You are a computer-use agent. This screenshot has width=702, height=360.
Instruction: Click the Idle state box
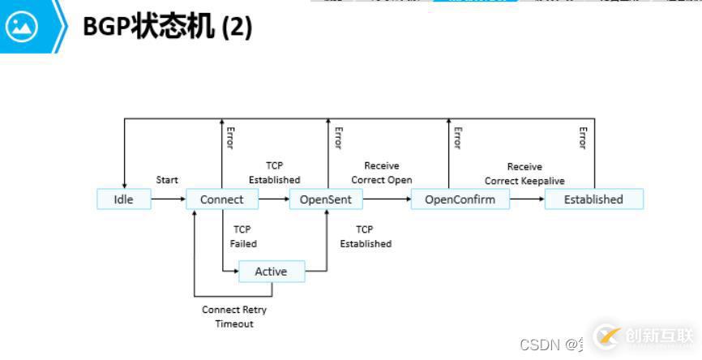point(123,199)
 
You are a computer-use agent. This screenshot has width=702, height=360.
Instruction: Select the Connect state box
point(221,199)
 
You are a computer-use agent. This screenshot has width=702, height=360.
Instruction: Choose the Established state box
point(593,199)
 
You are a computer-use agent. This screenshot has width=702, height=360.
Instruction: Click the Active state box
point(271,272)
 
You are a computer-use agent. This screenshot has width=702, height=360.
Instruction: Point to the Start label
point(167,180)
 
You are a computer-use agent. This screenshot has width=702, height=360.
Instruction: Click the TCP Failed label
point(242,236)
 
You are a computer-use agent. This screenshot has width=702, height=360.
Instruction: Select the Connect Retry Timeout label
point(234,317)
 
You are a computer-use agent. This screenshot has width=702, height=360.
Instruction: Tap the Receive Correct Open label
point(381,173)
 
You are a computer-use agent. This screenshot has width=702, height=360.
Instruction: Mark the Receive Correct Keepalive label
point(524,174)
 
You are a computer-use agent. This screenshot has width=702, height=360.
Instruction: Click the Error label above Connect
point(230,138)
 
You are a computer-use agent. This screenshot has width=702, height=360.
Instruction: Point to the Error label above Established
point(582,138)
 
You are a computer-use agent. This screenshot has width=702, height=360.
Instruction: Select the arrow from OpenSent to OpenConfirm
point(384,199)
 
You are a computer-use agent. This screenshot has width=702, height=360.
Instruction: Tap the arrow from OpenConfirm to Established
point(527,199)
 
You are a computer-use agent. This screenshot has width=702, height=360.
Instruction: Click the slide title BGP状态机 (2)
point(167,27)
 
